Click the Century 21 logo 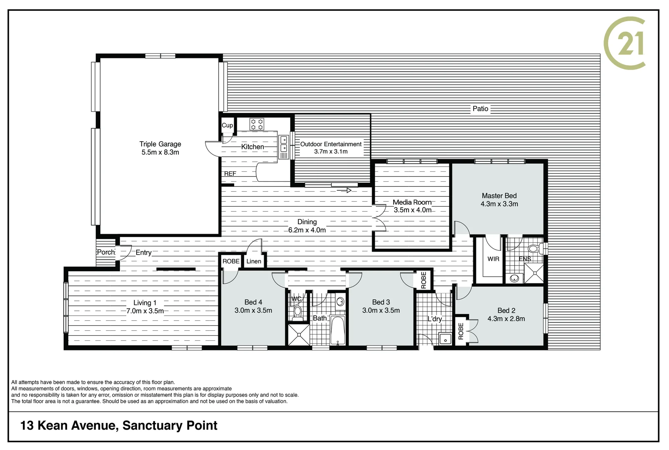click(625, 43)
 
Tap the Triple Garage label click(160, 144)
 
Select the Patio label click(480, 109)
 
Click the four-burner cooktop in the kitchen click(257, 124)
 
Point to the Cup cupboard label click(227, 125)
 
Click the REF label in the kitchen click(230, 174)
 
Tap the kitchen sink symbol click(284, 144)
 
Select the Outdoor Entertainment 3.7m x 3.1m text click(331, 148)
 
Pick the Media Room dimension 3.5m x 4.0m click(412, 210)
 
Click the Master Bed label click(499, 196)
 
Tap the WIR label click(493, 259)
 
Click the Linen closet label click(254, 261)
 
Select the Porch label click(106, 252)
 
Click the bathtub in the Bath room click(337, 331)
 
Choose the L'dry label click(434, 319)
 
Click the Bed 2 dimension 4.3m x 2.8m click(506, 319)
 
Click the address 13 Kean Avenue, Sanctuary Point click(119, 425)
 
